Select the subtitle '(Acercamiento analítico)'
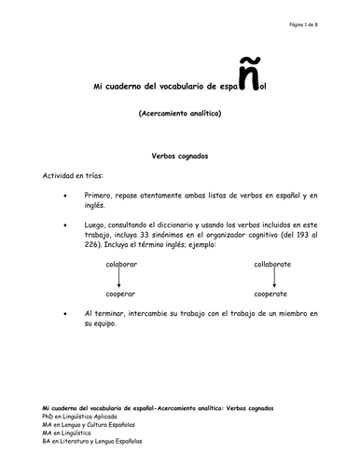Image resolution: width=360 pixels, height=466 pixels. coord(180,114)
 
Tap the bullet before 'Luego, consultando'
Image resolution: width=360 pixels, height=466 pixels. coord(63,226)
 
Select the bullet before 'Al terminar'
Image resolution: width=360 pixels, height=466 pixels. coord(63,314)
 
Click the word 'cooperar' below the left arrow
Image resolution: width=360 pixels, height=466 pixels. coord(122,294)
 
